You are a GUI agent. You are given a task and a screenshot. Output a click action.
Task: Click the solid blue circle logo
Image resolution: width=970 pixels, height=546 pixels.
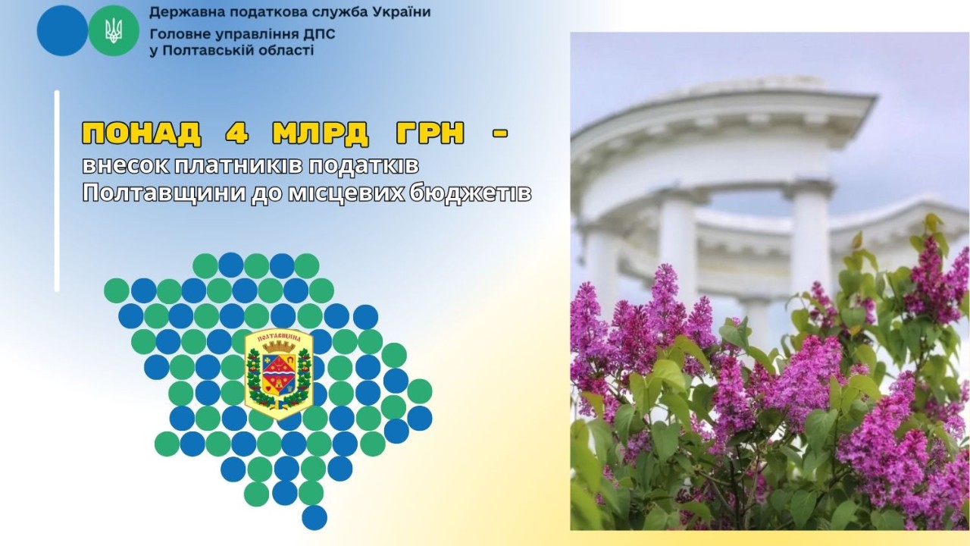pyautogui.click(x=62, y=30)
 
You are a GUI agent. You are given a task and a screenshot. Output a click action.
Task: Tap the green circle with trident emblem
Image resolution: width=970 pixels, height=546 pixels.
pyautogui.click(x=114, y=30)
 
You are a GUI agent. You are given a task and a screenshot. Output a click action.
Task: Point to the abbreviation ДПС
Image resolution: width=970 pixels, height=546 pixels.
pyautogui.click(x=318, y=35)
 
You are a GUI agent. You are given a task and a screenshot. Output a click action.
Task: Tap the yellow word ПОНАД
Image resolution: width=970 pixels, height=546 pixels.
pyautogui.click(x=141, y=133)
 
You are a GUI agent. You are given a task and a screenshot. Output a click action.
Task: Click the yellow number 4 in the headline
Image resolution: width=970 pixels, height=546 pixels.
pyautogui.click(x=231, y=133)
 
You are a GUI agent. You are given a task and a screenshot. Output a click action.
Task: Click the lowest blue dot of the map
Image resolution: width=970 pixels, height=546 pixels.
pyautogui.click(x=314, y=517)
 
